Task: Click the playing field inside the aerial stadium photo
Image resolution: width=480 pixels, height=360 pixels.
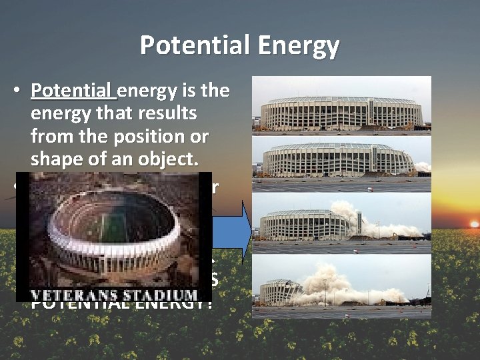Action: click(113, 221)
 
